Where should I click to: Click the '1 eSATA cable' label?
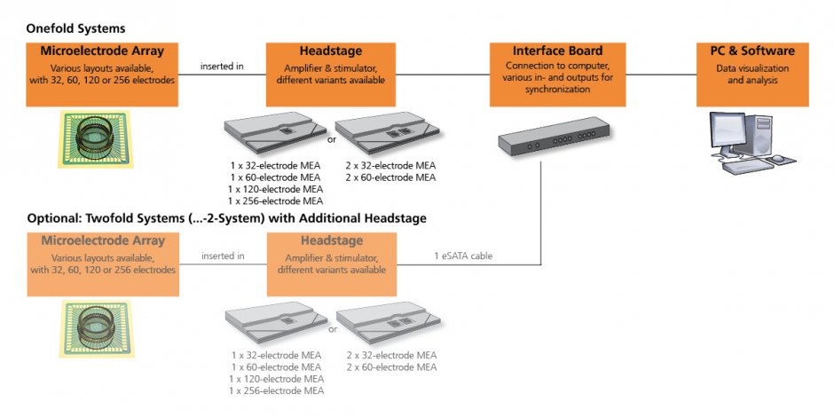pyautogui.click(x=463, y=256)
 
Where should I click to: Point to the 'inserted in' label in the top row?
pyautogui.click(x=222, y=66)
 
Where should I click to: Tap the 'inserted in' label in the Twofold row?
pyautogui.click(x=222, y=256)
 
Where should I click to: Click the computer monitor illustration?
pyautogui.click(x=729, y=135)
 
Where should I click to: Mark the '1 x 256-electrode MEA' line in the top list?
pyautogui.click(x=275, y=201)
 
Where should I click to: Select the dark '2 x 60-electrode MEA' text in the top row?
pyautogui.click(x=390, y=177)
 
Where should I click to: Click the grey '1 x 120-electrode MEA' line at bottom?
pyautogui.click(x=275, y=379)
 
